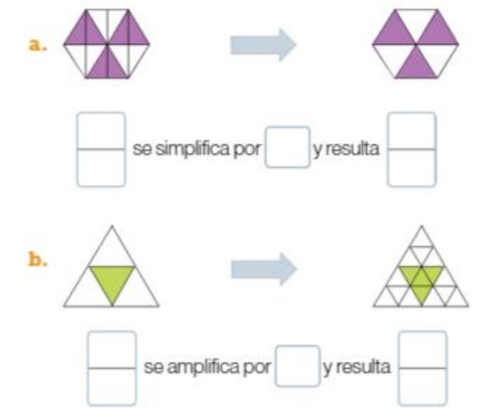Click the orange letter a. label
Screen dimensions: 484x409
pos(37,45)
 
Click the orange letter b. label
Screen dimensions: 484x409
pos(37,259)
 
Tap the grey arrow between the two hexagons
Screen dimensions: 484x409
pos(263,45)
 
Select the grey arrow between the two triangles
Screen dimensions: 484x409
pos(264,269)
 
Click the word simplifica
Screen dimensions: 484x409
pos(192,149)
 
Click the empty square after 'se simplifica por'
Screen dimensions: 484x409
pos(288,147)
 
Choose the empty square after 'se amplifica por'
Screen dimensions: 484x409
pos(298,366)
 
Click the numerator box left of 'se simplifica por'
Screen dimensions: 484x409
pos(101,130)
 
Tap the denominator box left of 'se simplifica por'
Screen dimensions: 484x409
pos(101,168)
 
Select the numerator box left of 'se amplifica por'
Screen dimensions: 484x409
pos(112,349)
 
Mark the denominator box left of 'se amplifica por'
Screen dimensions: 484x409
pos(112,387)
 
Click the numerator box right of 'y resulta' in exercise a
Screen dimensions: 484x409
pos(412,130)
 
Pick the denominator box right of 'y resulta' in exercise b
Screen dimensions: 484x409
pos(422,387)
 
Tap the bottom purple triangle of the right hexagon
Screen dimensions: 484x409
pos(416,66)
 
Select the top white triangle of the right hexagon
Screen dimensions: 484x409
pos(416,22)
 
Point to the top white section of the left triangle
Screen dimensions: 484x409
pos(112,251)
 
